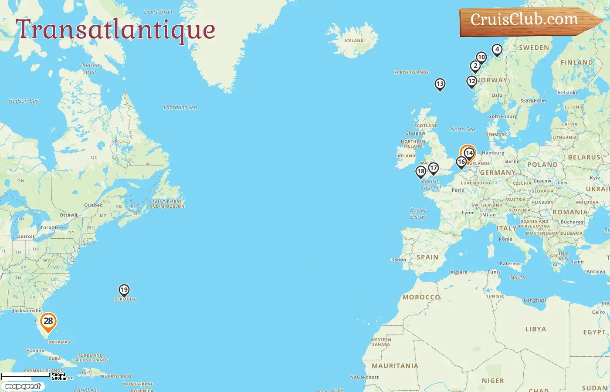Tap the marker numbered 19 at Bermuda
coord(124,290)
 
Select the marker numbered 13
coord(440,84)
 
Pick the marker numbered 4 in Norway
coord(497,50)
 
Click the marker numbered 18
coord(421,172)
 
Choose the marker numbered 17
coord(433,168)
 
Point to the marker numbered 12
coord(472,81)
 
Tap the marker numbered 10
coord(481,57)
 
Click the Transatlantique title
coord(115,30)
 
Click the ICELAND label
coord(354,41)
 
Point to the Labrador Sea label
coord(180,107)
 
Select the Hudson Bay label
coord(24,101)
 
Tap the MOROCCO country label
coord(421,297)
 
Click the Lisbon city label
coord(398,260)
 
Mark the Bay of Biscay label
coord(418,213)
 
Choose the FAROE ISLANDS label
coord(411,73)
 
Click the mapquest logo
coord(23,386)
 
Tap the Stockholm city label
coord(533,101)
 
